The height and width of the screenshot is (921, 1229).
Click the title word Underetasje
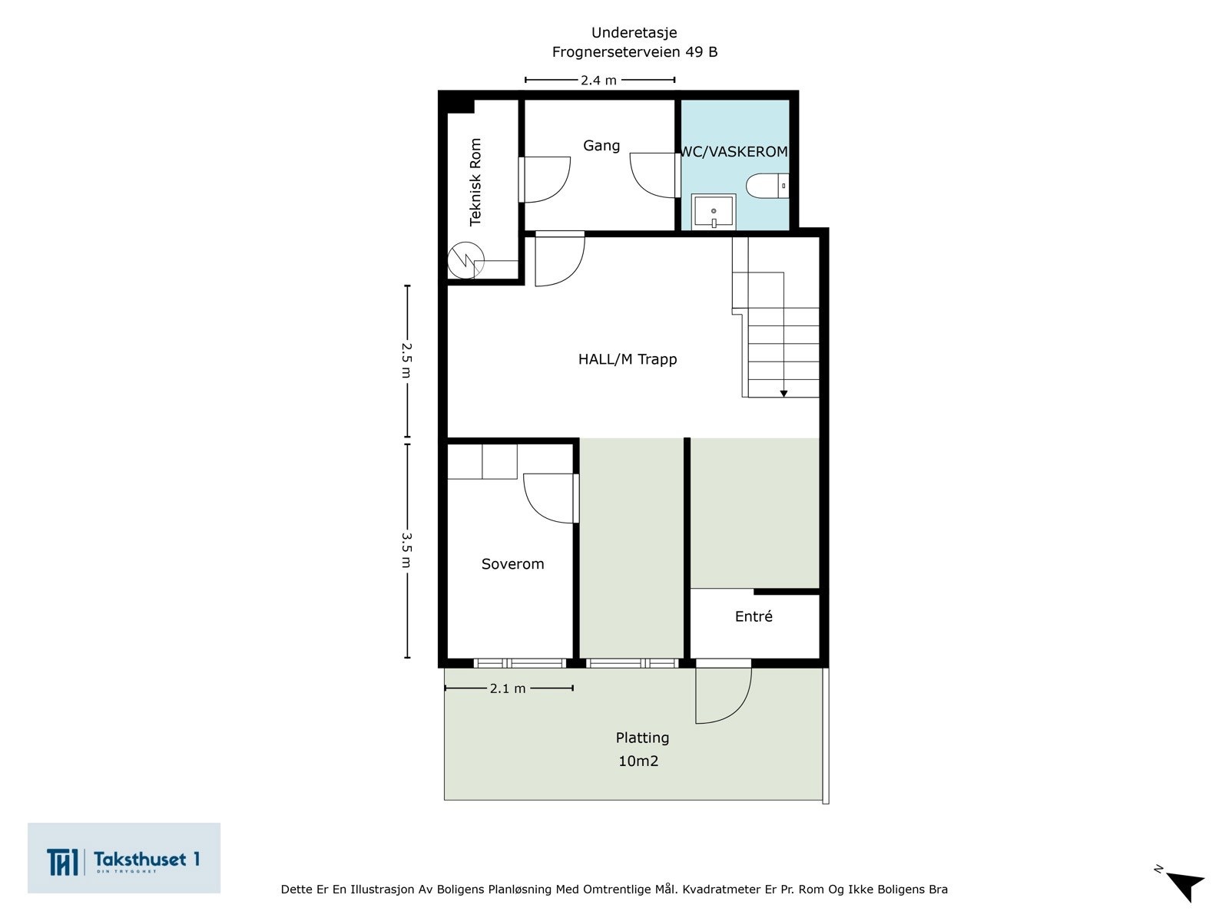[x=634, y=32]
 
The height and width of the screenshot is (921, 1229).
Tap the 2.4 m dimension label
[x=598, y=80]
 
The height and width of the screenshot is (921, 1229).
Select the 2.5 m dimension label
[x=407, y=360]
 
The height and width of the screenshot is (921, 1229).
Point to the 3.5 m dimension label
[x=407, y=550]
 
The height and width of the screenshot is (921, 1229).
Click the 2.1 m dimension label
[x=508, y=688]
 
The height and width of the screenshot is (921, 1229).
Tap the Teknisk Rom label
[x=475, y=183]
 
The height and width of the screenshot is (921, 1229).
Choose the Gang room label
[x=601, y=146]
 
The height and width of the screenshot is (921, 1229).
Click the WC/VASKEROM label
[x=734, y=151]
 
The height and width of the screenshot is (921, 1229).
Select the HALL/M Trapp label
[x=628, y=359]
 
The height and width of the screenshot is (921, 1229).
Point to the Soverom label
[x=513, y=563]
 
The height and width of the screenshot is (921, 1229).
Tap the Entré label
[x=754, y=616]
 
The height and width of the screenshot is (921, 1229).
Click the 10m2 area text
[x=638, y=761]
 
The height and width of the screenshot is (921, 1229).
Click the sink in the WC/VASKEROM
[x=714, y=212]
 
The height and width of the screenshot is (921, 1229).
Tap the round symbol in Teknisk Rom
[x=465, y=259]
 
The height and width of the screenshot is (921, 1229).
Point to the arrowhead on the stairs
[x=783, y=394]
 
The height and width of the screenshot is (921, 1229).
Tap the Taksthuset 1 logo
[x=124, y=858]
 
